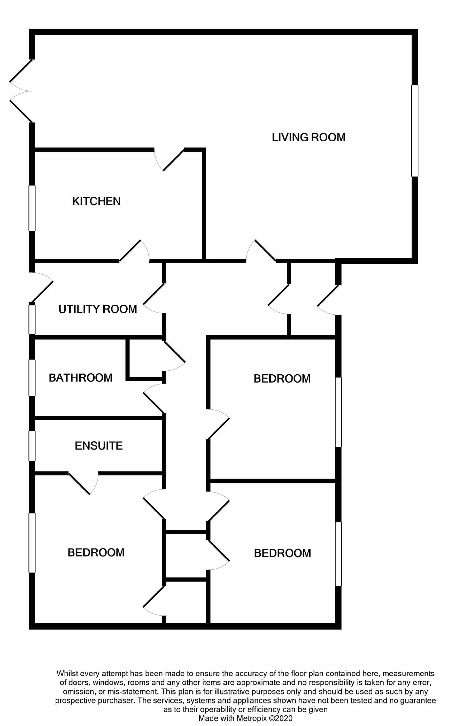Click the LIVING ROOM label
[x=308, y=137]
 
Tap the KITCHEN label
[x=96, y=201]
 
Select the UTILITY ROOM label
[x=98, y=309]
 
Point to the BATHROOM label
[x=81, y=378]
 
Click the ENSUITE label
[x=99, y=446]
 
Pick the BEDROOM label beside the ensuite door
[x=96, y=552]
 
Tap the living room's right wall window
[x=414, y=131]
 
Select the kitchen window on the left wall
[x=32, y=208]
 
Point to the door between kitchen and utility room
[x=134, y=251]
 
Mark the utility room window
[x=32, y=319]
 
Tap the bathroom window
[x=32, y=378]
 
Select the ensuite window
[x=32, y=446]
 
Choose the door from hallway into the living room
[x=261, y=251]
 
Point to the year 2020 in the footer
[x=284, y=718]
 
